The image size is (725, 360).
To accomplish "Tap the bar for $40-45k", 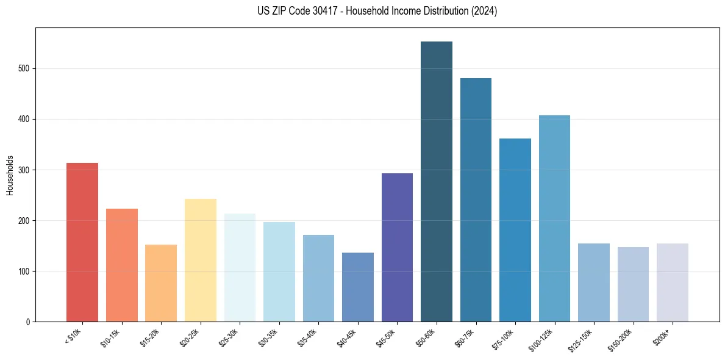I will pos(358,287).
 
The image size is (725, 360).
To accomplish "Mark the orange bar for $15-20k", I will pos(161,283).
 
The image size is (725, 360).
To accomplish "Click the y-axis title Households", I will pos(10,175).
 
